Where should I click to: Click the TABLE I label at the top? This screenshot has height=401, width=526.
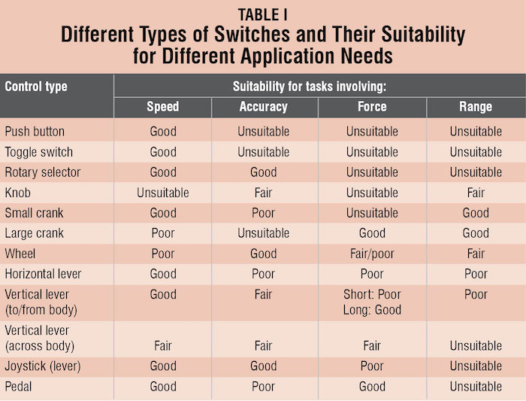click(263, 14)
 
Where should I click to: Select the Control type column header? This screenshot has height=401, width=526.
click(36, 86)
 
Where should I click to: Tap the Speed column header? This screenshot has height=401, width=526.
click(162, 107)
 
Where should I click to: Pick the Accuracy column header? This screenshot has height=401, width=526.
click(263, 107)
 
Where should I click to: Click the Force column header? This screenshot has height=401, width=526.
click(372, 107)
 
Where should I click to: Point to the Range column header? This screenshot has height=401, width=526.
click(475, 107)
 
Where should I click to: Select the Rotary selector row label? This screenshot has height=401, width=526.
click(43, 172)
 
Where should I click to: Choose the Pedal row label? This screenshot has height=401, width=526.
click(20, 387)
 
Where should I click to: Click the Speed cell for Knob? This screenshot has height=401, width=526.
click(162, 193)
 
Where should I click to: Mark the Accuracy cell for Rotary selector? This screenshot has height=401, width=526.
click(263, 172)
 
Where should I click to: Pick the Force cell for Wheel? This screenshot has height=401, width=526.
click(372, 254)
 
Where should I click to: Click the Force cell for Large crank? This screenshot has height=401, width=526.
click(372, 233)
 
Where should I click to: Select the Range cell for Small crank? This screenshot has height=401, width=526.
click(475, 213)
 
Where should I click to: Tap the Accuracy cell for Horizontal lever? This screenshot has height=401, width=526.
click(263, 274)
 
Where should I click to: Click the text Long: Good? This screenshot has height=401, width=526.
click(372, 309)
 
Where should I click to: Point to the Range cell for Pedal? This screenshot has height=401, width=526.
click(475, 387)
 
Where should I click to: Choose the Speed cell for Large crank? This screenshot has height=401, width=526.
click(162, 233)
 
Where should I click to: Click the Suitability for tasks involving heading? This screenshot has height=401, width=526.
click(319, 86)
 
